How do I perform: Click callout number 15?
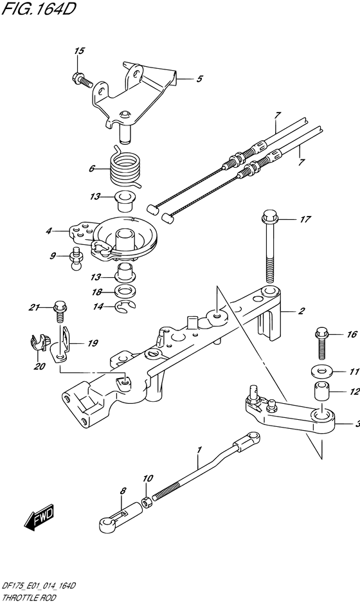pos(80,51)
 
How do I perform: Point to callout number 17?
pos(305,219)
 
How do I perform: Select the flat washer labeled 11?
pos(322,372)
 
